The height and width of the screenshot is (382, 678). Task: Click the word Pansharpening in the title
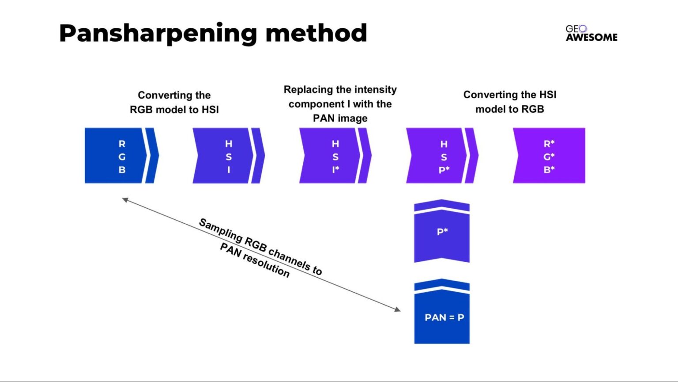pos(158,34)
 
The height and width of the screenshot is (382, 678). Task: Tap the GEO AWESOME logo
pos(591,34)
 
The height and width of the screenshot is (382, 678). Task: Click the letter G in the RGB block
pos(122,157)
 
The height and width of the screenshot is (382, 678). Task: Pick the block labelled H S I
pos(223,156)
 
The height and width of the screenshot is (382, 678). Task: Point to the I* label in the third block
pos(335,169)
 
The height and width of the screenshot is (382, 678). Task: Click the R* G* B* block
pos(549,156)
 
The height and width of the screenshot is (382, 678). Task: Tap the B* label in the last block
pos(549,169)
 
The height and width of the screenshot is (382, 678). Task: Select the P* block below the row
pos(442,234)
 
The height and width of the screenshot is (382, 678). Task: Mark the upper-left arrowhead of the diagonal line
pos(125,200)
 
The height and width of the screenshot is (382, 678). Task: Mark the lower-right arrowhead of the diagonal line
pos(398,309)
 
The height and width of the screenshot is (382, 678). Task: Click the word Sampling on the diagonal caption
pos(220,230)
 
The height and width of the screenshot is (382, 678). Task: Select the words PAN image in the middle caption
pos(340,118)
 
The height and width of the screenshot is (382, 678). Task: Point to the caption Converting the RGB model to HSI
pos(174,102)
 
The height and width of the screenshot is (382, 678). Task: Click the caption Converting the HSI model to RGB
pos(510,102)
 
